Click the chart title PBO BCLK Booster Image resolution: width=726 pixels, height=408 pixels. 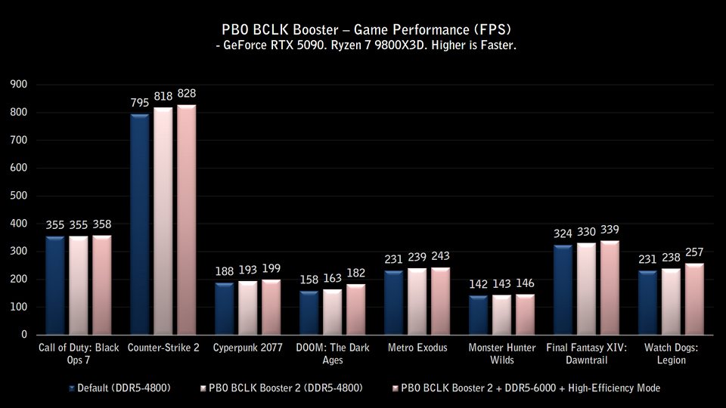(362, 30)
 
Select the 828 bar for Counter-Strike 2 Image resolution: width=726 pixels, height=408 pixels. (187, 220)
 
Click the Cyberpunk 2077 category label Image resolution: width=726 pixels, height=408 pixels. (247, 348)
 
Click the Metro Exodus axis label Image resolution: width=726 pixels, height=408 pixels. (417, 348)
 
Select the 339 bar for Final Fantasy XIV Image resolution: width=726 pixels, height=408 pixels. (610, 287)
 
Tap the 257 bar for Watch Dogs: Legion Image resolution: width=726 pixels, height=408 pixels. (694, 298)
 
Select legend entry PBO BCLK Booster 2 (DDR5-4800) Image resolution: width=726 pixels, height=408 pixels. (281, 388)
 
